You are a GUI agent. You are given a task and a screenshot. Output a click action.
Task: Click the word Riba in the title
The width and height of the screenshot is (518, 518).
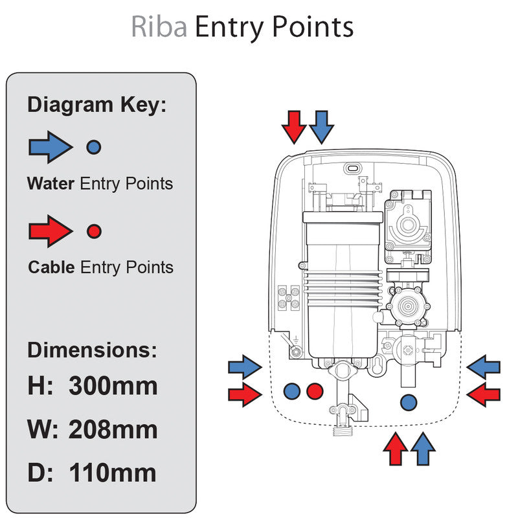coord(159,28)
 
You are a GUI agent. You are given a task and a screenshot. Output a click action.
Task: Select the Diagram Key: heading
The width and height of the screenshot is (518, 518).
coord(96,104)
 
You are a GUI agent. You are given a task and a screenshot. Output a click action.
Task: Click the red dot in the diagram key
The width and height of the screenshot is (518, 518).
coord(94,231)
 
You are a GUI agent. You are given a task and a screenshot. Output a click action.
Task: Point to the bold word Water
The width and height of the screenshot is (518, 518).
coord(51,184)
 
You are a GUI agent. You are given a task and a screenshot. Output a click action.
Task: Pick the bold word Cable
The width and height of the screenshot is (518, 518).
coord(52,267)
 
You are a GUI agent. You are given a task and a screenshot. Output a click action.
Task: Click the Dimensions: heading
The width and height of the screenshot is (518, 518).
coord(92,350)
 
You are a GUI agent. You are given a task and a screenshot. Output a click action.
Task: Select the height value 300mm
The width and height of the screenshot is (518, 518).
coord(113,386)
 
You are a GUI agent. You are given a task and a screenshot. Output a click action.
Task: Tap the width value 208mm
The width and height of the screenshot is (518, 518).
coord(113,429)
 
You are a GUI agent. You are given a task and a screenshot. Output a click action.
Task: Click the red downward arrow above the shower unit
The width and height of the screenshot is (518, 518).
coord(295,126)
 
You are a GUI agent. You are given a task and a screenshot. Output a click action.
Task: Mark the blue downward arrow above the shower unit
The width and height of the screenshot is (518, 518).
coord(321,126)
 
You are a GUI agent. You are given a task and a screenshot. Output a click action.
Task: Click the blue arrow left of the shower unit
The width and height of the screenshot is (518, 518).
coord(245,368)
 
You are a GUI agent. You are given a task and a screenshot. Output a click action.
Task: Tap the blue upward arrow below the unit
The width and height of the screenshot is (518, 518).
coord(423,449)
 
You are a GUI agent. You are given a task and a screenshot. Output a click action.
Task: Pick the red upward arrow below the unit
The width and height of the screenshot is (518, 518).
coord(396,449)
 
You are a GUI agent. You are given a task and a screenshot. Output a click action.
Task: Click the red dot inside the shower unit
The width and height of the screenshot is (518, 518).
coord(315,390)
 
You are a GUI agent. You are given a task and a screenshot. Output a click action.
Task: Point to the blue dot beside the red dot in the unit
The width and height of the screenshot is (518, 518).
coord(291,390)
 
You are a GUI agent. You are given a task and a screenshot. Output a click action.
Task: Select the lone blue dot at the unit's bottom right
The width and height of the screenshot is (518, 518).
coord(409,402)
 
